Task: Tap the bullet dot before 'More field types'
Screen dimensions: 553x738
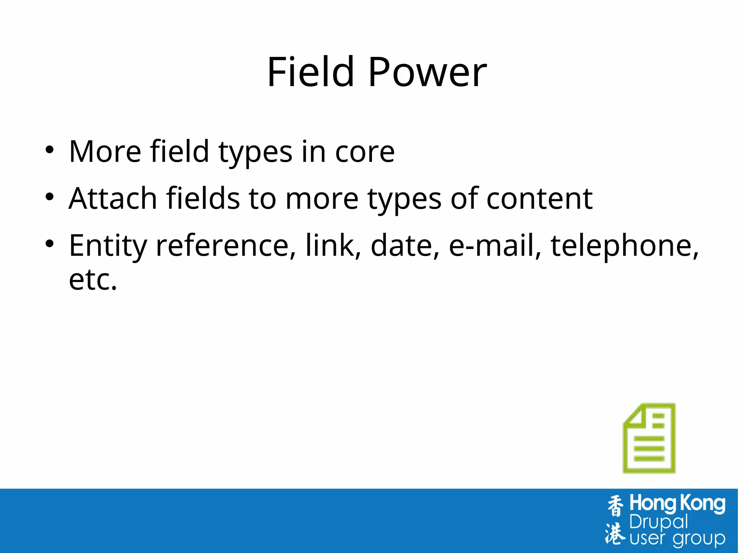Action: (x=49, y=150)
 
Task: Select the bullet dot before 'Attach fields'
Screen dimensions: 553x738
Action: (x=49, y=197)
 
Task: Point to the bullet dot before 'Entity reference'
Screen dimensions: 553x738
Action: (x=49, y=244)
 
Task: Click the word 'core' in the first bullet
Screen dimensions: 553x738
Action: (x=365, y=152)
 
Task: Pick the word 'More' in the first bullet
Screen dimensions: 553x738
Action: (x=105, y=152)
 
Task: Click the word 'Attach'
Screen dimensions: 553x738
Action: (x=113, y=199)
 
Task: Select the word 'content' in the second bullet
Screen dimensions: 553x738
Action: (x=539, y=199)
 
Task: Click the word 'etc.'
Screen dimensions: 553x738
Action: (x=93, y=280)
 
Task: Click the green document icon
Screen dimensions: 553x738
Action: (x=649, y=438)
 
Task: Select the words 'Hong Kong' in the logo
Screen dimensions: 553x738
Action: (x=677, y=504)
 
